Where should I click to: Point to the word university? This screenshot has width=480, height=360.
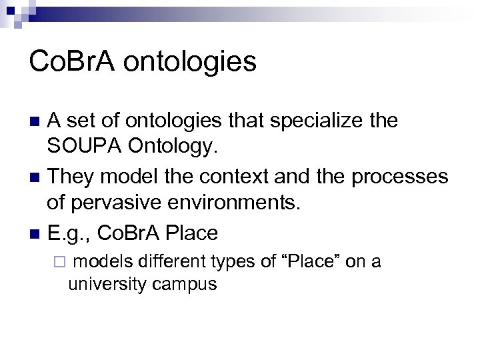107,285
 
